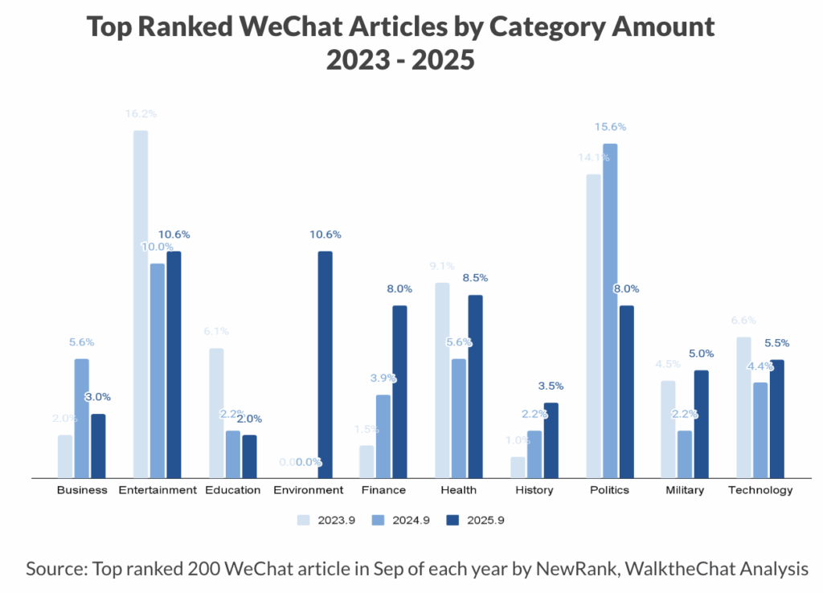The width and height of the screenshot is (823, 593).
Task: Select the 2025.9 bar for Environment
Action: click(x=325, y=365)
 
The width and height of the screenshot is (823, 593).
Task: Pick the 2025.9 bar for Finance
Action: click(x=400, y=391)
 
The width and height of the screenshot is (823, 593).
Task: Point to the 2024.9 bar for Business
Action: click(x=81, y=418)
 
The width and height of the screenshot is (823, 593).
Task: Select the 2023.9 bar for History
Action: click(x=518, y=467)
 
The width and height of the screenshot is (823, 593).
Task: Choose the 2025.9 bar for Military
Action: click(x=702, y=423)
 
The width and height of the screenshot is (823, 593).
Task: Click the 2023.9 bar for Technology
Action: click(x=744, y=407)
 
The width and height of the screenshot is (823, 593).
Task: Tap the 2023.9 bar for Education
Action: click(x=216, y=413)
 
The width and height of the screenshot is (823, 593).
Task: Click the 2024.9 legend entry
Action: click(x=406, y=520)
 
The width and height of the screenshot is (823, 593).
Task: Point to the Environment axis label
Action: click(x=309, y=490)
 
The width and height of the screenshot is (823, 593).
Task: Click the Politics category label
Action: click(x=609, y=490)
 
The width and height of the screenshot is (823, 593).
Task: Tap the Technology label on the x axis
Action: click(x=760, y=490)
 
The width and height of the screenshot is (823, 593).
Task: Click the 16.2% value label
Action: click(x=141, y=114)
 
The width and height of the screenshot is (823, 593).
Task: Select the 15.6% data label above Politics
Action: click(x=610, y=127)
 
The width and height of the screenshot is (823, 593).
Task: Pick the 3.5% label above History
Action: click(x=551, y=386)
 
